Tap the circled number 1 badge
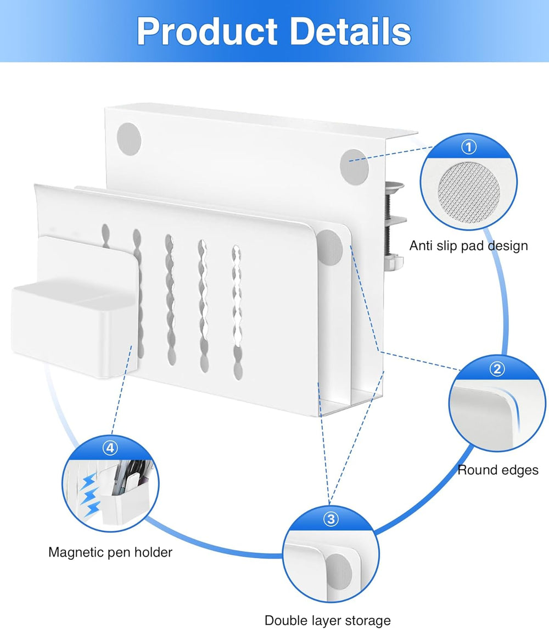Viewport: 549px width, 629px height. (469, 147)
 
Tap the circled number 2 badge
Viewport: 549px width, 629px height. (497, 369)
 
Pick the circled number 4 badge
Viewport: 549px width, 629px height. (110, 448)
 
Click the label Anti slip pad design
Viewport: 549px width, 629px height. (468, 245)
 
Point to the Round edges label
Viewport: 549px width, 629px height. (498, 470)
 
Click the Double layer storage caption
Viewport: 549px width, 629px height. (328, 620)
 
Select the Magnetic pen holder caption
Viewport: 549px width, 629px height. (110, 552)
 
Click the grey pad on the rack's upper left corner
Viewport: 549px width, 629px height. (130, 138)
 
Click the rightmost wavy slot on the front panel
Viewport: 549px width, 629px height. (237, 310)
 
